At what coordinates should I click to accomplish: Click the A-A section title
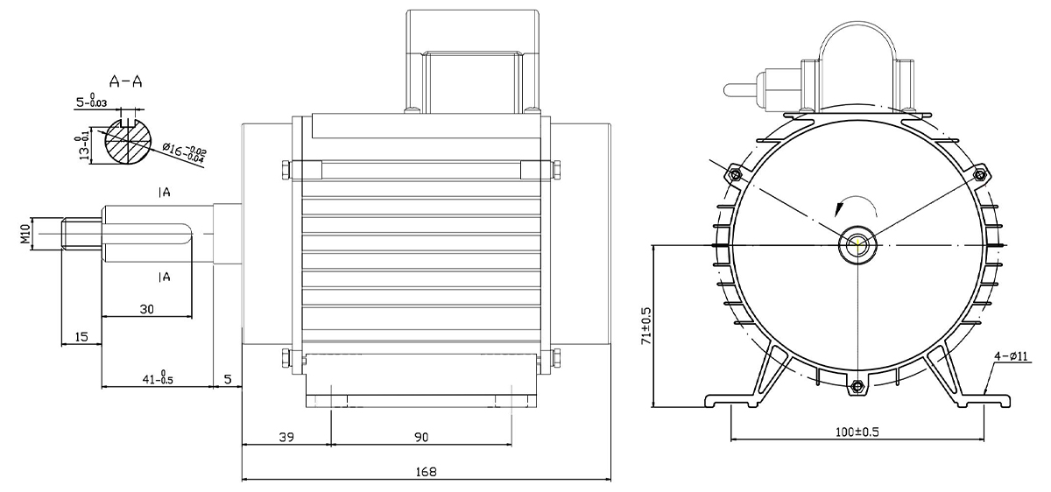pyautogui.click(x=125, y=81)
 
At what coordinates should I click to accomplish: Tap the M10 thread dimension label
pyautogui.click(x=25, y=234)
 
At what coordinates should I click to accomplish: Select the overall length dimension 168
pyautogui.click(x=426, y=471)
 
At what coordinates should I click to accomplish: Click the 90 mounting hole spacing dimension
pyautogui.click(x=421, y=437)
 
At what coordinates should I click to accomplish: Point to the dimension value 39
pyautogui.click(x=286, y=437)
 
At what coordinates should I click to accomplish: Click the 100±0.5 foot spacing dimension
pyautogui.click(x=857, y=432)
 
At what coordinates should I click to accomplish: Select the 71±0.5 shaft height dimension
pyautogui.click(x=646, y=327)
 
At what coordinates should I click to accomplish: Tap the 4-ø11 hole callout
pyautogui.click(x=1011, y=356)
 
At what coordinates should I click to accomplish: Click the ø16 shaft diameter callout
pyautogui.click(x=184, y=152)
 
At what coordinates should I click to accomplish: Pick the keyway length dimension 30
pyautogui.click(x=147, y=309)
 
